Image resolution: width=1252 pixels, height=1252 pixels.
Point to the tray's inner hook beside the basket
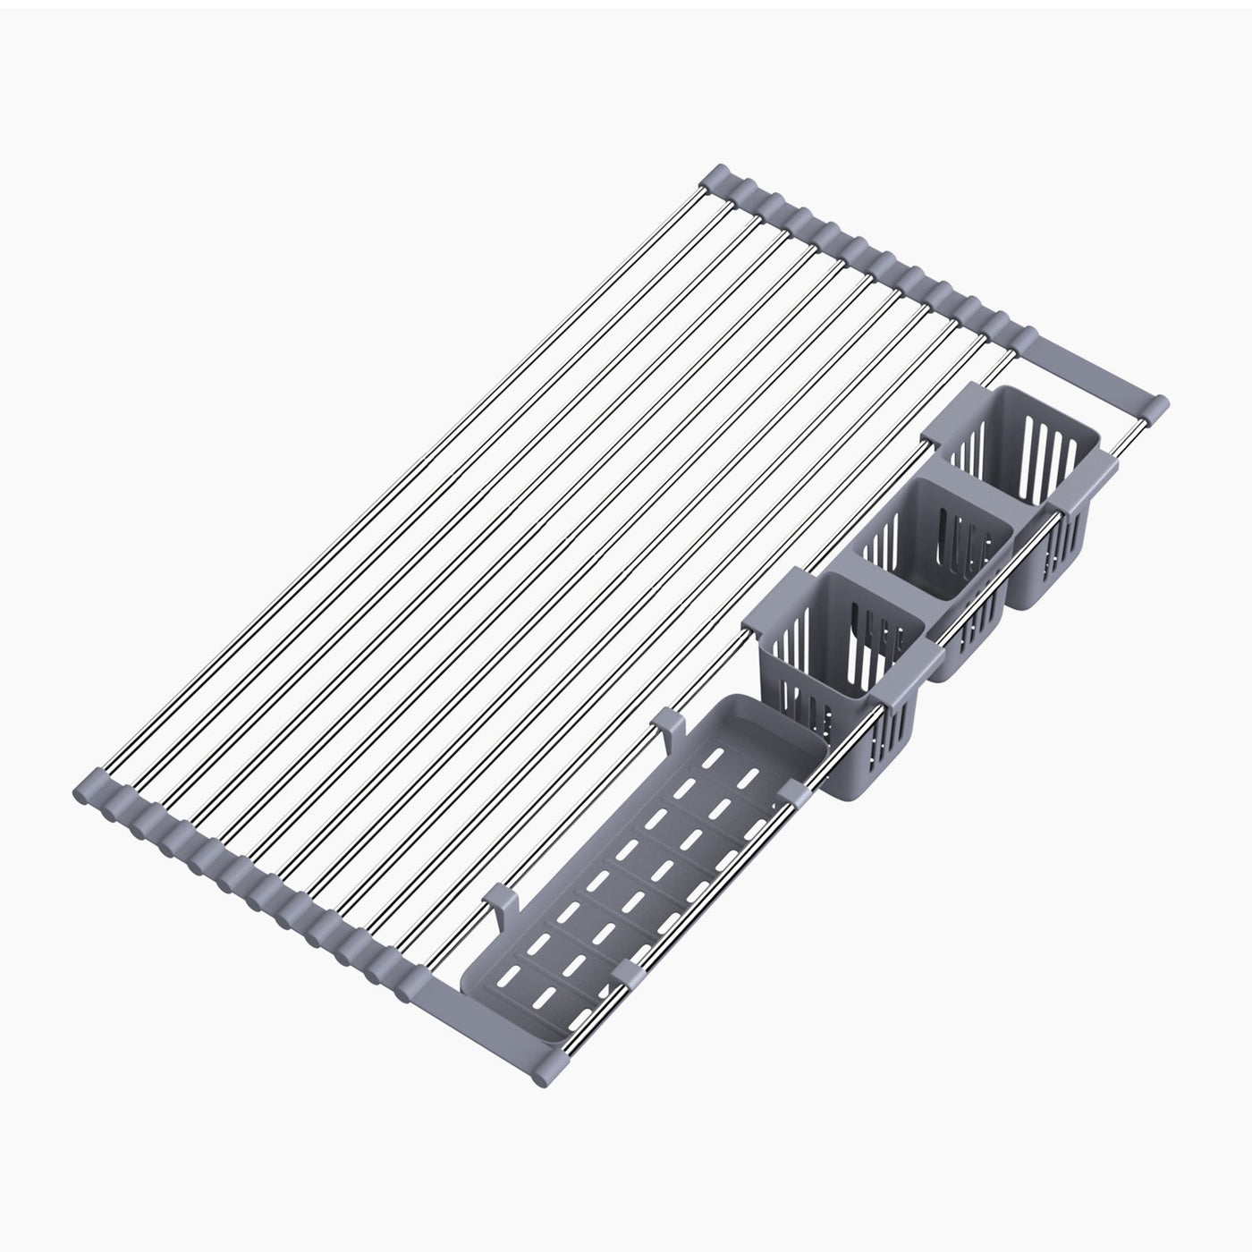pyautogui.click(x=666, y=720)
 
